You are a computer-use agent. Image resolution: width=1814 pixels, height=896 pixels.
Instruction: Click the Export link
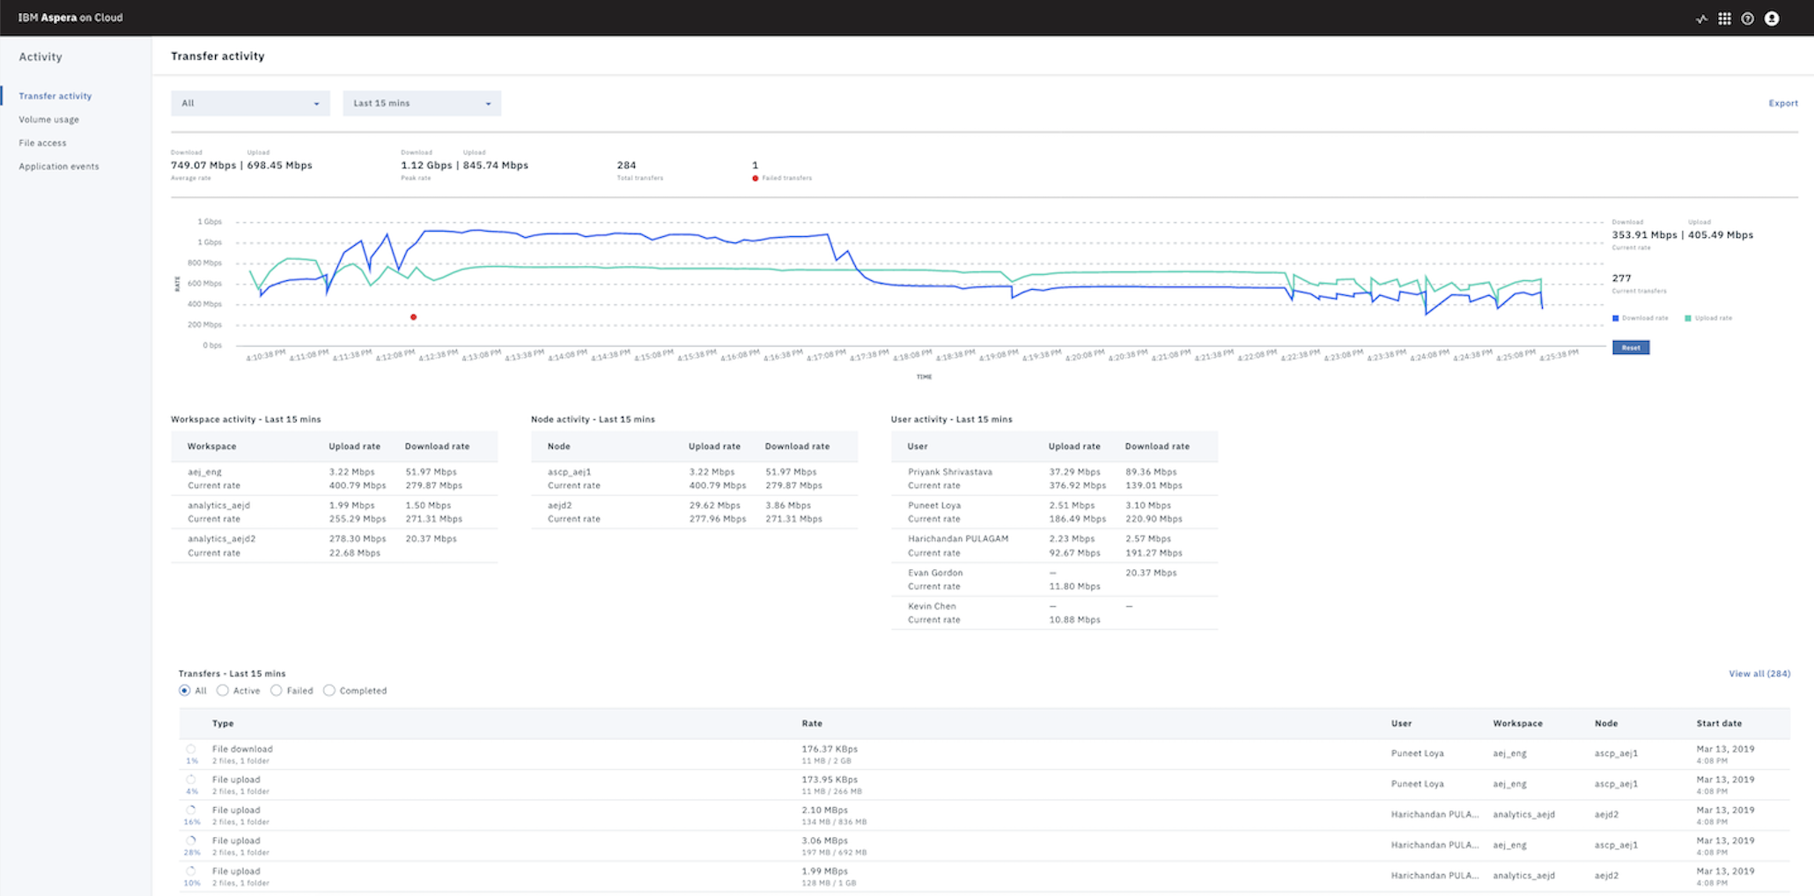[x=1782, y=103]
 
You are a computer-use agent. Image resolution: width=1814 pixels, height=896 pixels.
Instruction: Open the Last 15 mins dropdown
[x=422, y=103]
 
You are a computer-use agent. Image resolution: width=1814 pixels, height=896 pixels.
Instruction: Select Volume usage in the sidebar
[x=49, y=120]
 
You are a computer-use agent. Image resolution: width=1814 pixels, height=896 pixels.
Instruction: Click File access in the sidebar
[x=42, y=143]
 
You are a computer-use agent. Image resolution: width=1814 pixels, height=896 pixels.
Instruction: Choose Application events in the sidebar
[x=59, y=167]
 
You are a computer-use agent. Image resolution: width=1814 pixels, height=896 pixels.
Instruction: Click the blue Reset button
[x=1630, y=347]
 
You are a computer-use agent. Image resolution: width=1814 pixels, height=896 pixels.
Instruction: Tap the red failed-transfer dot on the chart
[x=413, y=317]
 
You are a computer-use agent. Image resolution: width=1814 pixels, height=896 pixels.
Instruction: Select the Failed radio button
[x=277, y=691]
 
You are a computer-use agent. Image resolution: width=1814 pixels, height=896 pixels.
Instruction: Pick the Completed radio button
[x=329, y=691]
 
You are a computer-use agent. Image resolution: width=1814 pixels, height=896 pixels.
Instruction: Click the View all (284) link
[x=1759, y=674]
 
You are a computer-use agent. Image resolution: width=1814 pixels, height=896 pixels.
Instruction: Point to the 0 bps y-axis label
[x=211, y=345]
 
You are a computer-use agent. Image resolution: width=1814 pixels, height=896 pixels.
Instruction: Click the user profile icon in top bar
[x=1772, y=19]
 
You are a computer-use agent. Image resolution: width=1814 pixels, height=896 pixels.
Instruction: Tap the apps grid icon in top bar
[x=1724, y=19]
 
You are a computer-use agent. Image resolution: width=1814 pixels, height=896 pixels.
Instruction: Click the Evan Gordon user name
[x=934, y=573]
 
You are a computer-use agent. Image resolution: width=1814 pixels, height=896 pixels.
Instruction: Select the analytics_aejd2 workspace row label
[x=221, y=539]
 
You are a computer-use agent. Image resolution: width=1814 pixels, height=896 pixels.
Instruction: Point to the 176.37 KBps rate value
[x=829, y=749]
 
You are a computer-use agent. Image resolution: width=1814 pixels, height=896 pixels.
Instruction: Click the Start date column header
[x=1719, y=723]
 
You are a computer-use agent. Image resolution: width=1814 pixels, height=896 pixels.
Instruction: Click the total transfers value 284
[x=626, y=165]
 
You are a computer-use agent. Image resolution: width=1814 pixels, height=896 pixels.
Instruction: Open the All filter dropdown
[x=250, y=103]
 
